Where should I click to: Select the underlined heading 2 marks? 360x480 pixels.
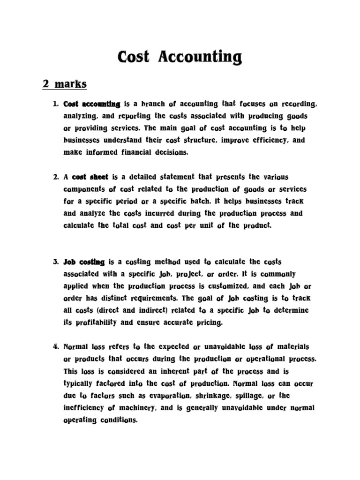click(x=65, y=84)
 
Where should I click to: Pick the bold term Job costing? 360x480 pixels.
click(x=84, y=262)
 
